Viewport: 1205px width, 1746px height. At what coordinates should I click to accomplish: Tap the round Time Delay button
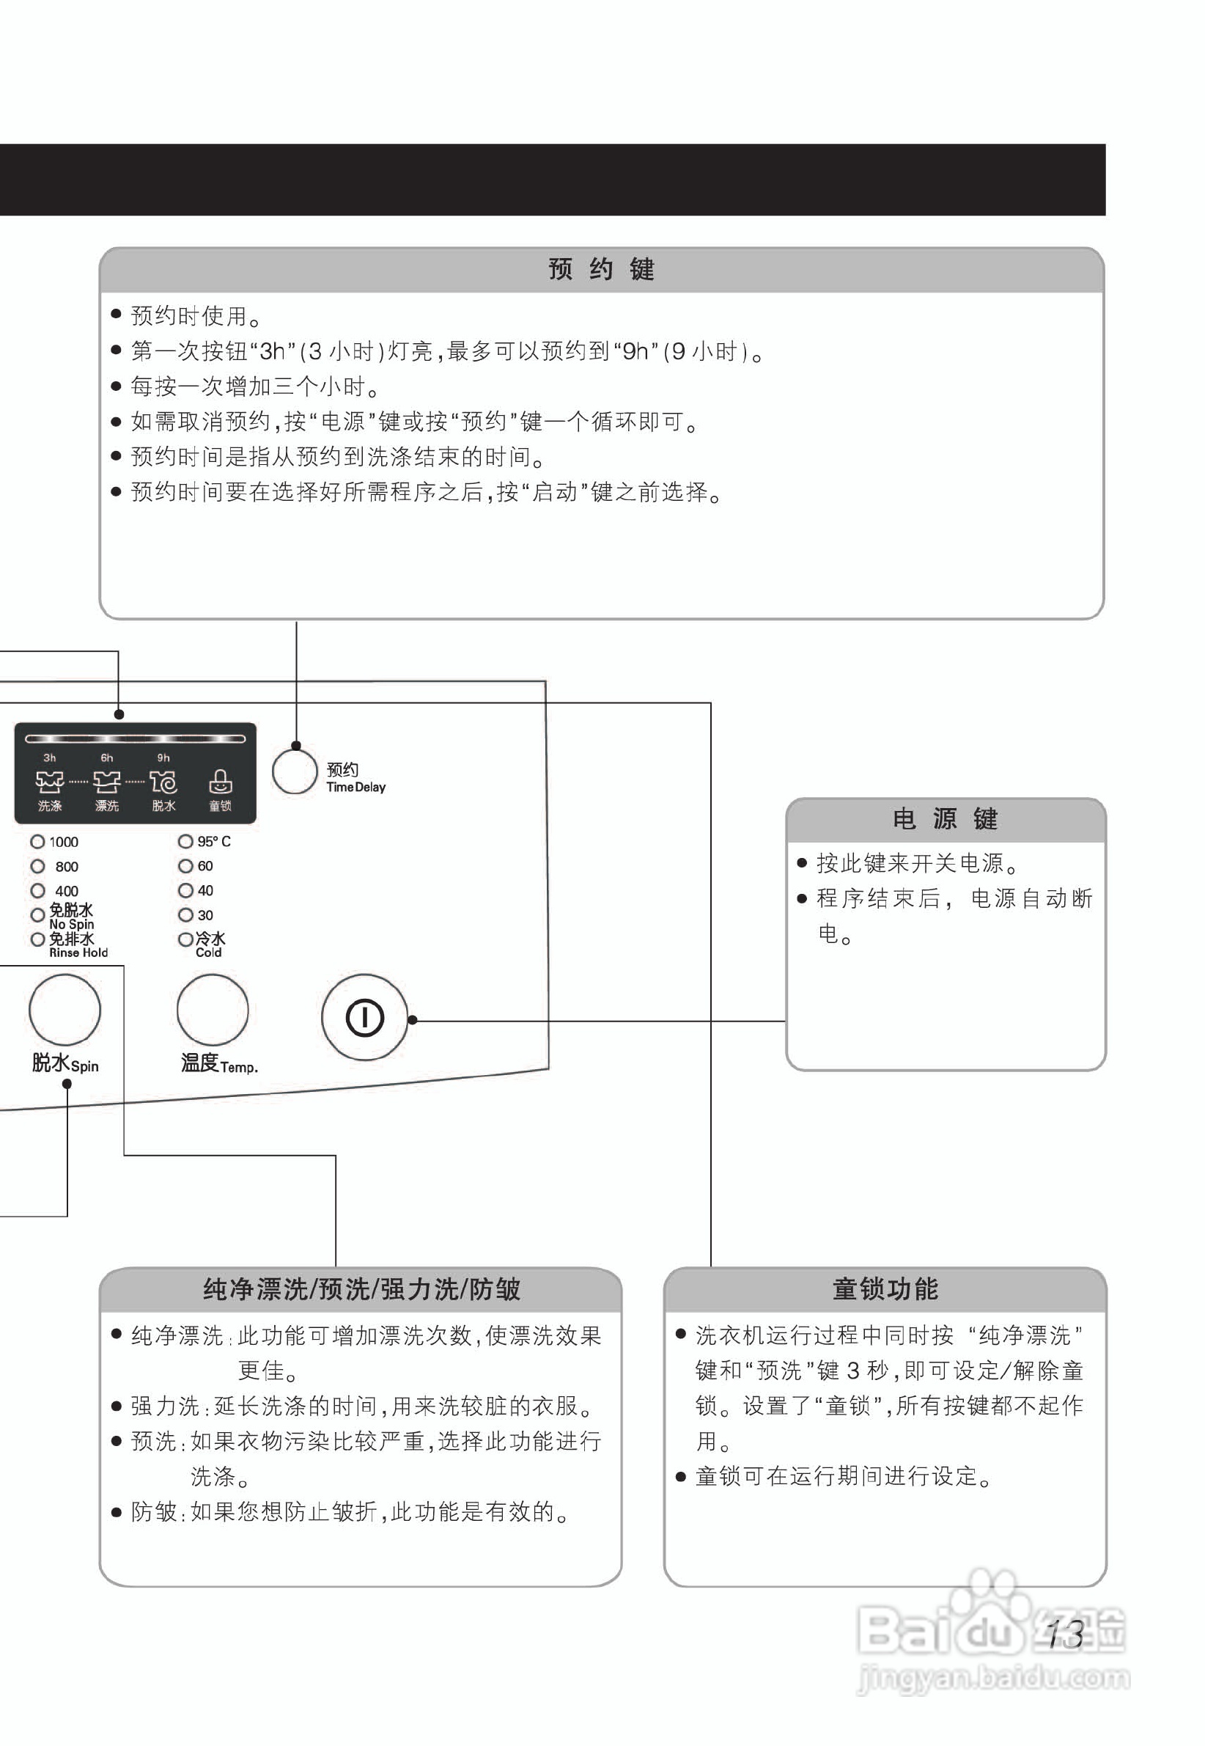tap(295, 771)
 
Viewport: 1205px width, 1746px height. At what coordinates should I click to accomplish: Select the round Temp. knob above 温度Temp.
tap(212, 1010)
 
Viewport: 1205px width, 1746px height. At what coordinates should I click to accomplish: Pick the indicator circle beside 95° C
tap(185, 840)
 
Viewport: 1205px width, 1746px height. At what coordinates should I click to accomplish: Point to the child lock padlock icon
tap(221, 781)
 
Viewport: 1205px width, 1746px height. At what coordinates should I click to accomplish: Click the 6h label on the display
tap(107, 758)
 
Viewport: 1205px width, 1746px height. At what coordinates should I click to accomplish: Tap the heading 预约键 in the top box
tap(601, 270)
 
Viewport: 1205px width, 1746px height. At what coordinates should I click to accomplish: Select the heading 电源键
tap(946, 819)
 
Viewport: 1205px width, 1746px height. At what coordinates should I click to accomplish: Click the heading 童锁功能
tap(885, 1289)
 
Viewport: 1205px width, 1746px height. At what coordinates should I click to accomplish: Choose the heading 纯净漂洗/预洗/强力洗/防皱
tap(361, 1289)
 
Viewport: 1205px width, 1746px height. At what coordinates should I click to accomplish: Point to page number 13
tap(1065, 1635)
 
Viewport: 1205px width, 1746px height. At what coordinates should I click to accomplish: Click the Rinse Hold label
tap(78, 953)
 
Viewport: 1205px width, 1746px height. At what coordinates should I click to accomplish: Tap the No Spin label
tap(72, 925)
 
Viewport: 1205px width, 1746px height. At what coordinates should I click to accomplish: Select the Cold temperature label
tap(208, 953)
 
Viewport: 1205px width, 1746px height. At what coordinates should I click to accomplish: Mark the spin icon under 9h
tap(163, 782)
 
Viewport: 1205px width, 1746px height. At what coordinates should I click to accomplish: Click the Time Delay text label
tap(355, 787)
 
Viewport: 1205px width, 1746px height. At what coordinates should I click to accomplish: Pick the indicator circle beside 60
tap(185, 865)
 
